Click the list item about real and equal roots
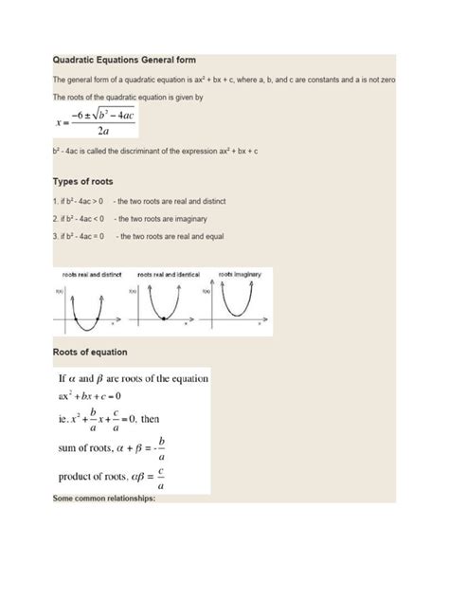point(142,236)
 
